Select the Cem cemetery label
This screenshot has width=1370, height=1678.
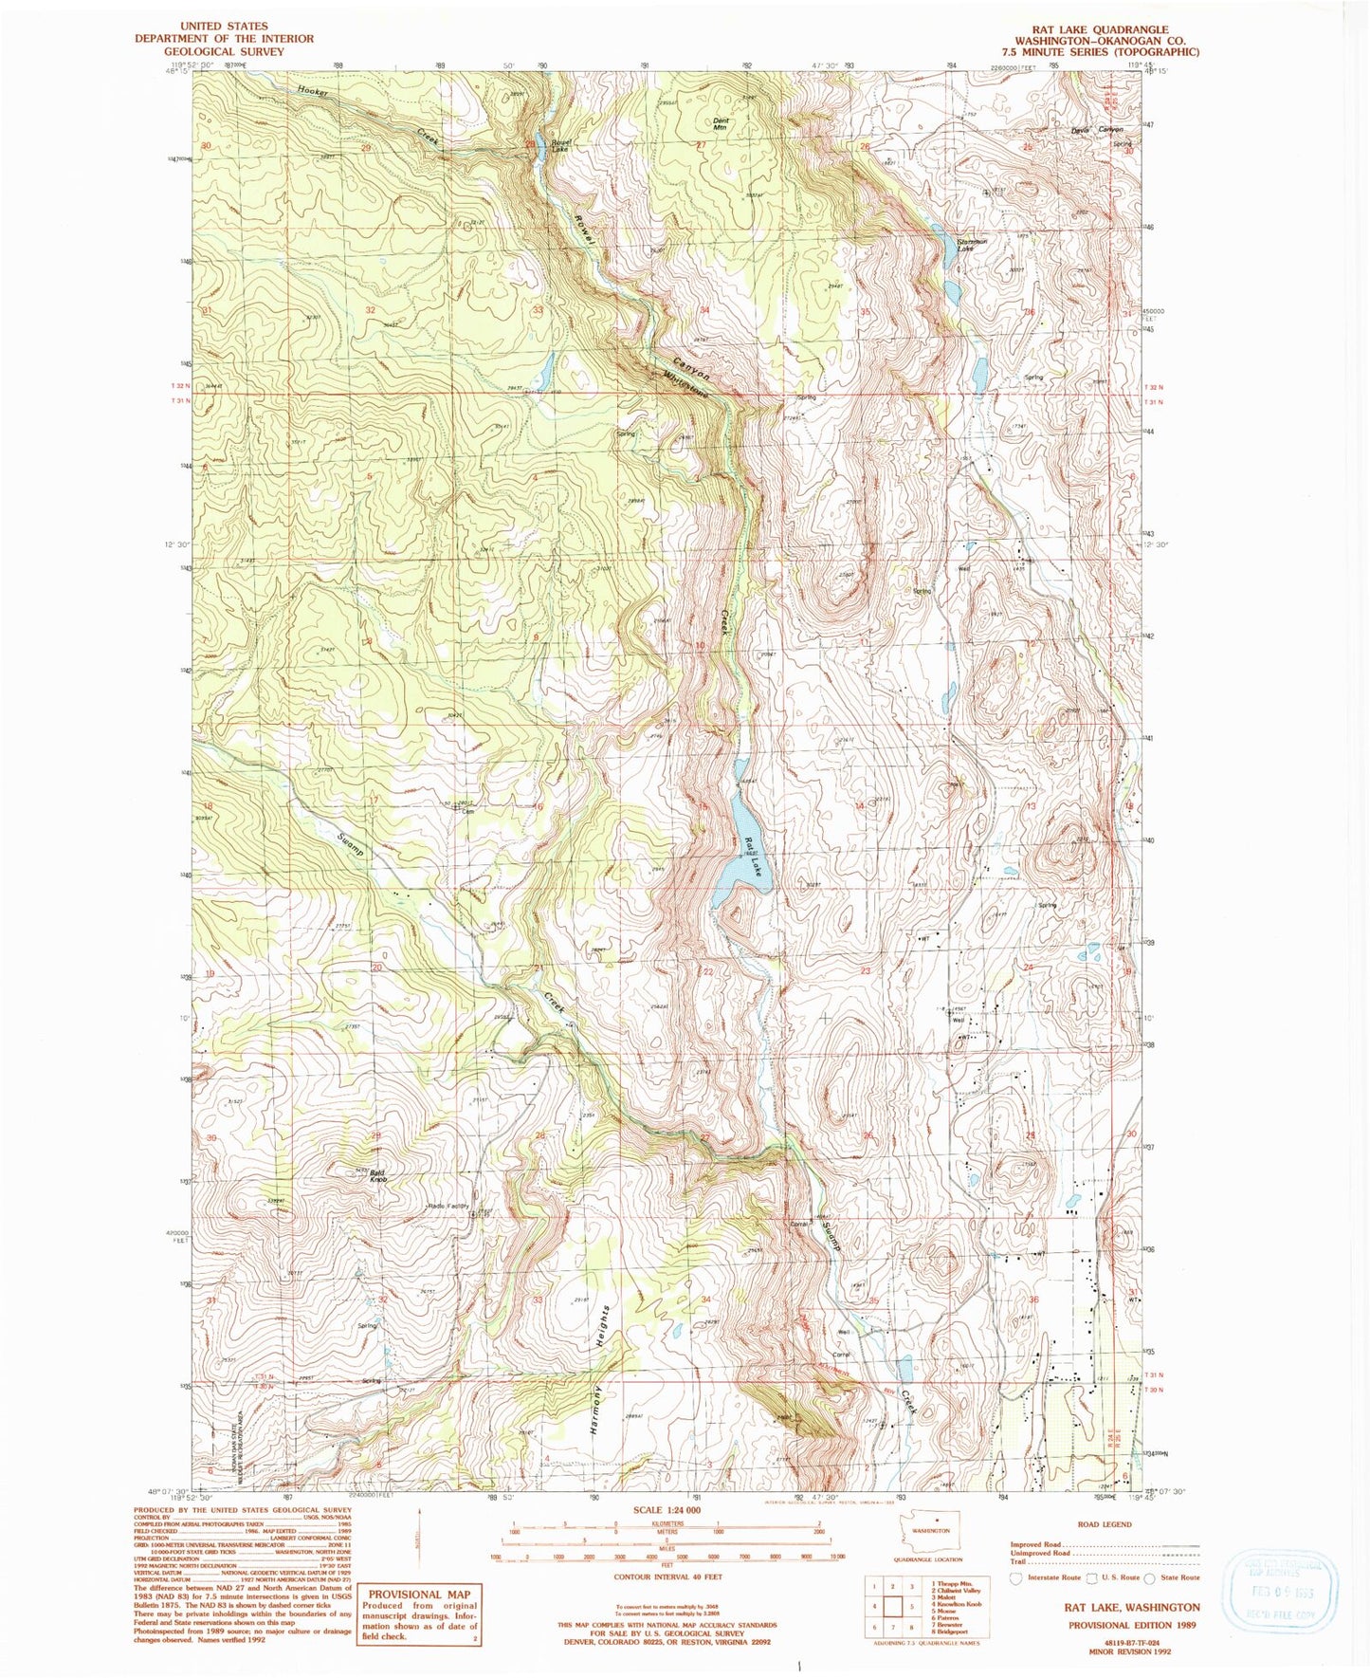(x=467, y=812)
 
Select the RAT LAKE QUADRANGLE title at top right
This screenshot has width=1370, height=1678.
(x=1105, y=29)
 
